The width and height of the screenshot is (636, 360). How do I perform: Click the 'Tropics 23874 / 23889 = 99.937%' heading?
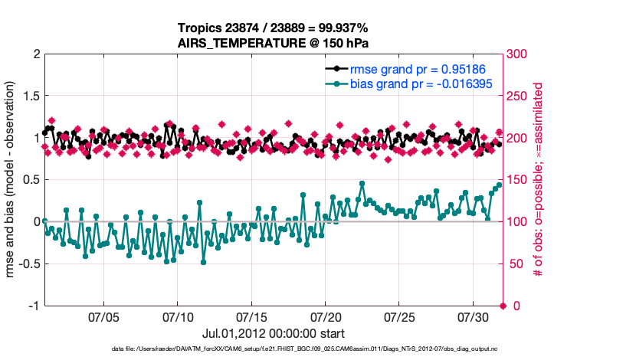274,28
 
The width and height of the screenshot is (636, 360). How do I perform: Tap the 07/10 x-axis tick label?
179,316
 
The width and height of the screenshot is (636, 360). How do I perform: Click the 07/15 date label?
252,316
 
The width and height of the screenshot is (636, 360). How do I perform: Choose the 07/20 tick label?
326,316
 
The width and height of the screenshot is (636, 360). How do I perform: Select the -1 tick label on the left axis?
34,306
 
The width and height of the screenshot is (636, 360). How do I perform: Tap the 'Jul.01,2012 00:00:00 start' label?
274,333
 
